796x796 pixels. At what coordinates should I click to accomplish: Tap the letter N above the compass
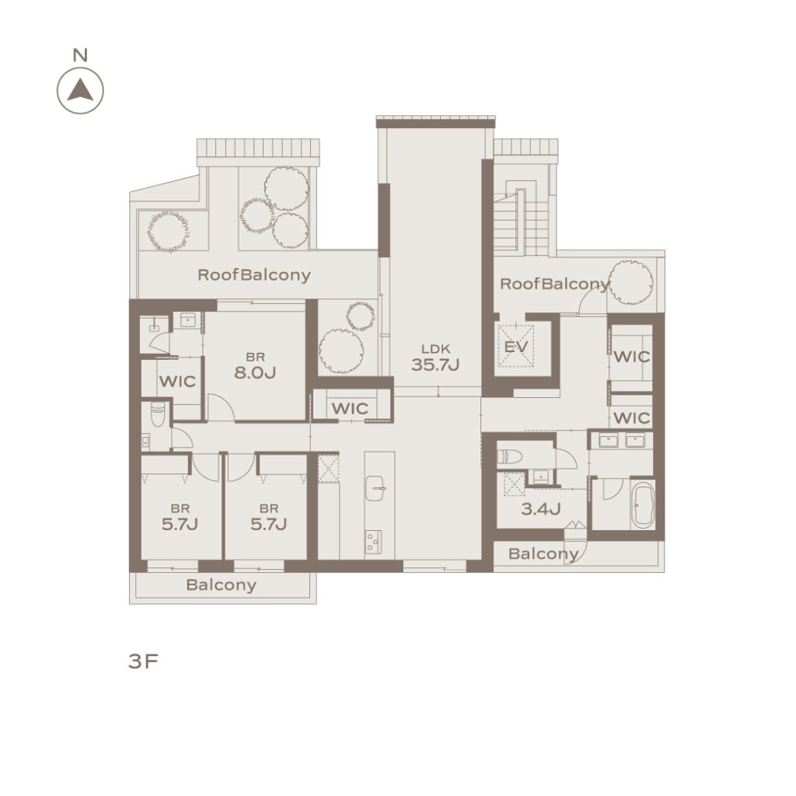[x=80, y=55]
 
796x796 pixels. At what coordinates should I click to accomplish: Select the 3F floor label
[x=144, y=662]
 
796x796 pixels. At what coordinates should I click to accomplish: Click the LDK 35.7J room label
[x=435, y=358]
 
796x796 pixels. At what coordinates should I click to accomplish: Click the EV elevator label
[x=516, y=347]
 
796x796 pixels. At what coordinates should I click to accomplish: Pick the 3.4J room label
[x=541, y=508]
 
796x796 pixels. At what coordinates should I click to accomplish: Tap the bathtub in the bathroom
[x=643, y=506]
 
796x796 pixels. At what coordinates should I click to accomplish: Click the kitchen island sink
[x=375, y=488]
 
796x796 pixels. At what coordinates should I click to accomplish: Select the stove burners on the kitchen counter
[x=373, y=542]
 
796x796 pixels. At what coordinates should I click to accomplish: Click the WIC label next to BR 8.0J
[x=177, y=381]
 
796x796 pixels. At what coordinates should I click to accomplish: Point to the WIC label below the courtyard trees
[x=350, y=408]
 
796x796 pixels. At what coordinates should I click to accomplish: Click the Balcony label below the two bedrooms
[x=221, y=585]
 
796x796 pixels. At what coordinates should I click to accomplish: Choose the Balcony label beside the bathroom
[x=543, y=553]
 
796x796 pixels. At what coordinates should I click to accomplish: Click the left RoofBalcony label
[x=254, y=275]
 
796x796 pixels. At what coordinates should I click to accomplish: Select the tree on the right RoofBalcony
[x=631, y=283]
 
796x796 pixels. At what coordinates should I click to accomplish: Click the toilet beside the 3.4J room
[x=509, y=456]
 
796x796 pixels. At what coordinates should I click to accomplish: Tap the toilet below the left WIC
[x=158, y=415]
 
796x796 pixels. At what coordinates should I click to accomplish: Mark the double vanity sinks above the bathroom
[x=622, y=440]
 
